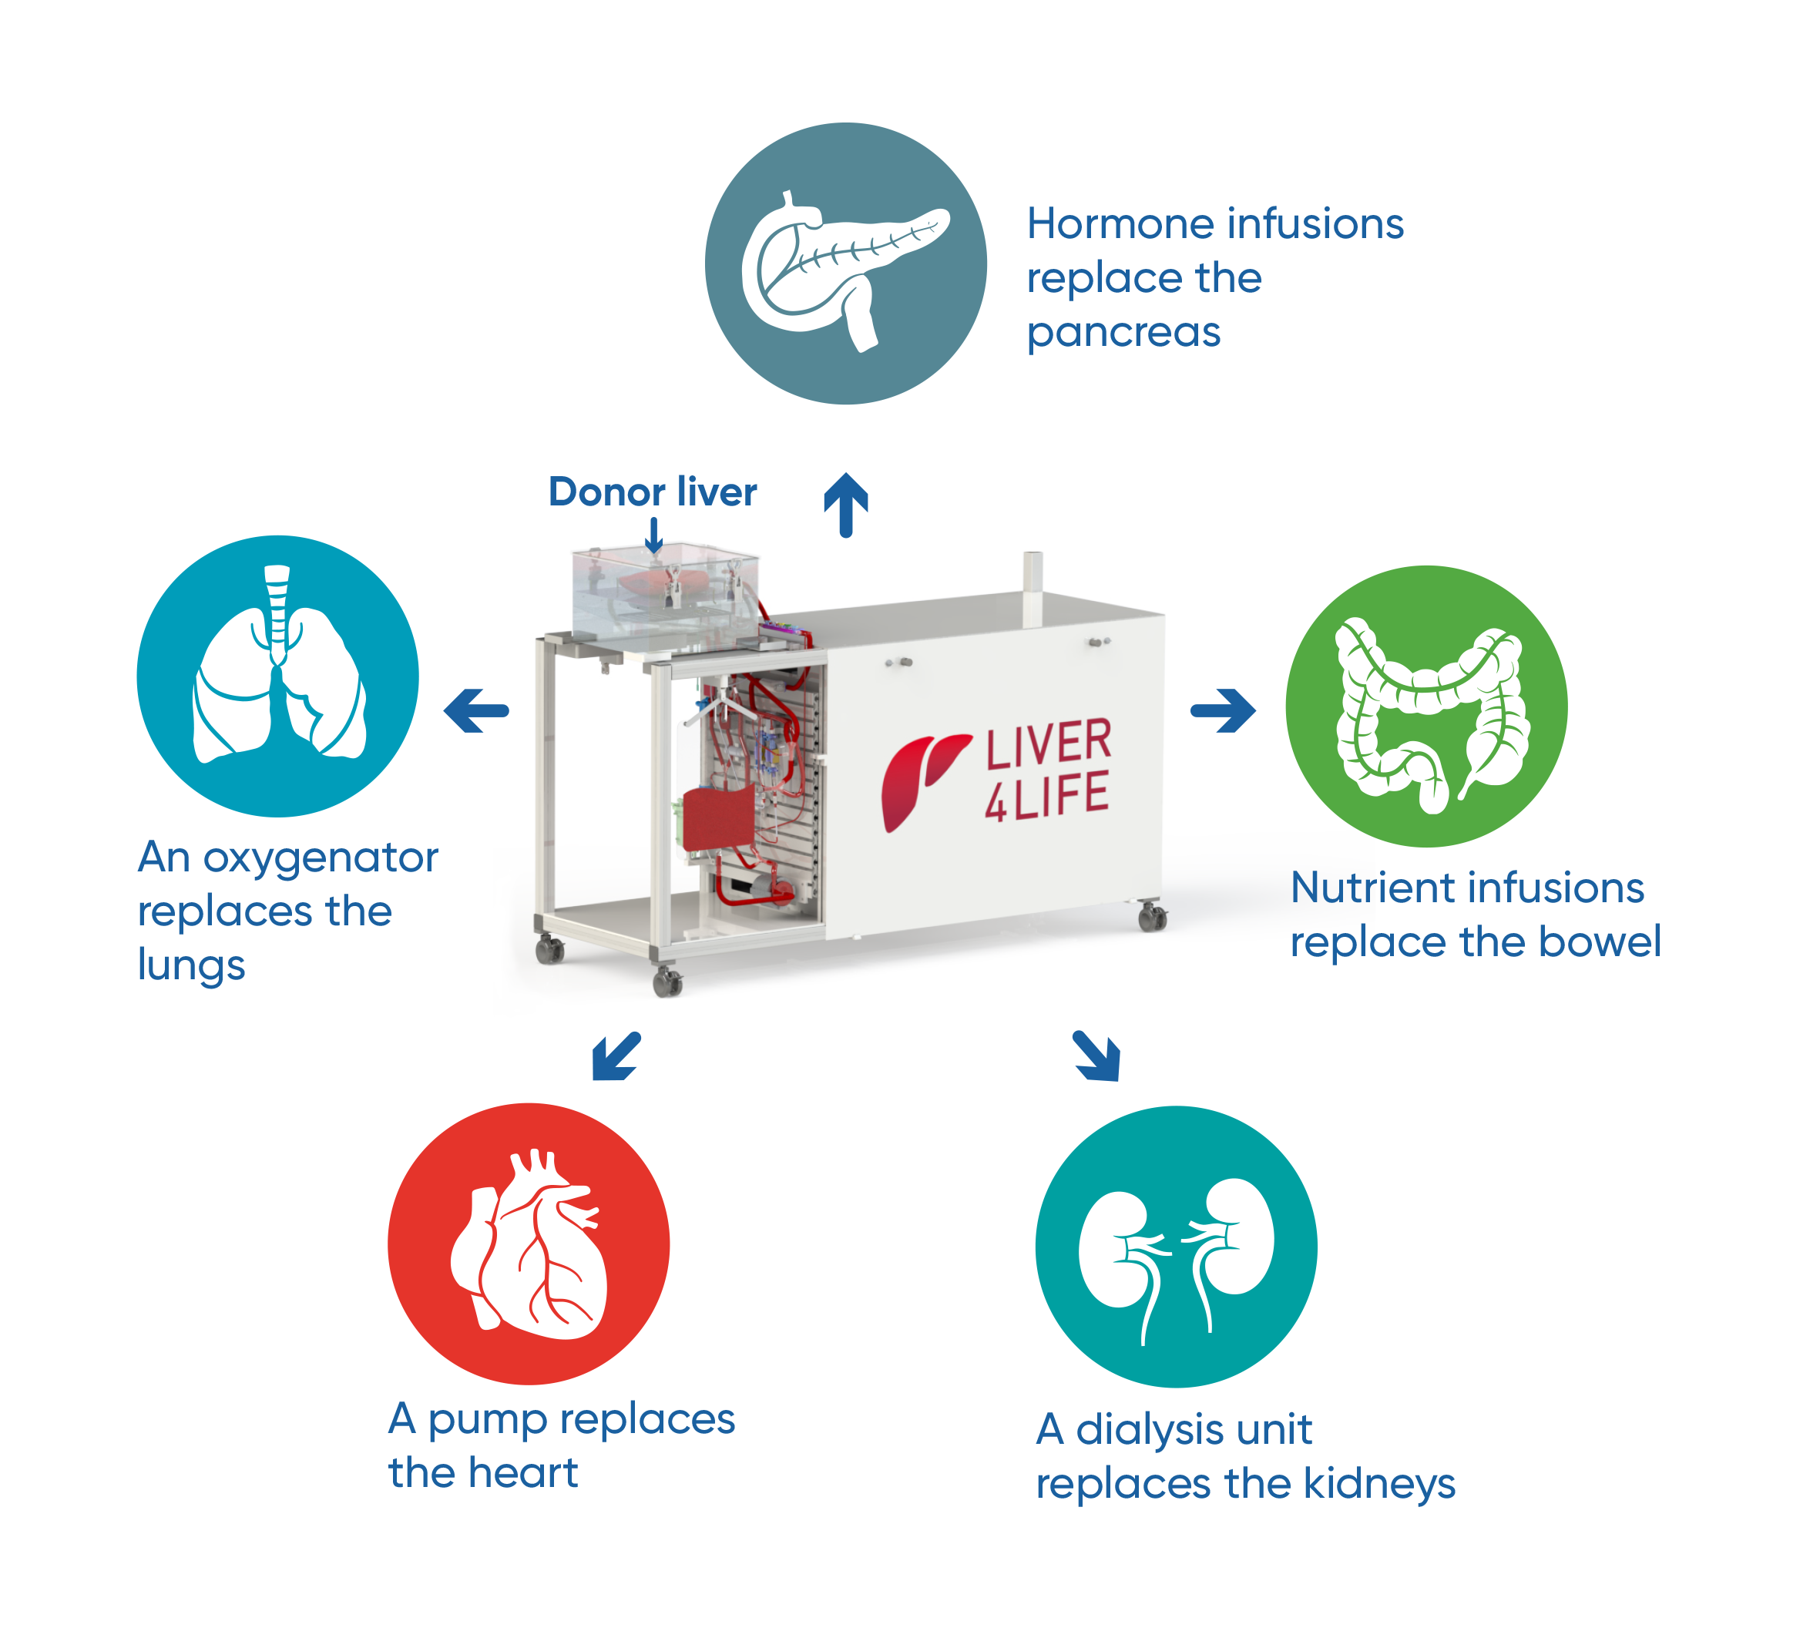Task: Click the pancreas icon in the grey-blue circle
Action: pos(845,266)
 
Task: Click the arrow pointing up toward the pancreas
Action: pos(846,504)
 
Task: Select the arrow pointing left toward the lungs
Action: pos(476,711)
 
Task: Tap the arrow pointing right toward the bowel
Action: pos(1224,711)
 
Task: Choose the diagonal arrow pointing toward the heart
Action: pos(616,1055)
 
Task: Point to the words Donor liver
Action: pos(653,492)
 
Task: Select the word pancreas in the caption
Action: pos(1123,333)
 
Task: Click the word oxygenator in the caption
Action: pos(321,858)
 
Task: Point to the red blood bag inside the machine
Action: pos(718,817)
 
